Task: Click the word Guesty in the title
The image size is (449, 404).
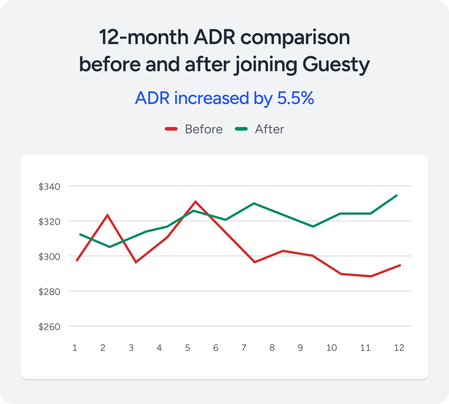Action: click(x=336, y=64)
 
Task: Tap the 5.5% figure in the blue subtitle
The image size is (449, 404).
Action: click(x=296, y=98)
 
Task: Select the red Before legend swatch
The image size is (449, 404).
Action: click(x=171, y=129)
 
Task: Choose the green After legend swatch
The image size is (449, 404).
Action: click(x=241, y=129)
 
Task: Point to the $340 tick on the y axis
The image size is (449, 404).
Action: click(x=49, y=186)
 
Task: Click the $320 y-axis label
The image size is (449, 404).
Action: click(x=49, y=222)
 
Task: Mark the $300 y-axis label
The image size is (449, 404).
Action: click(x=49, y=257)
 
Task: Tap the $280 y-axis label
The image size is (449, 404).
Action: click(x=49, y=292)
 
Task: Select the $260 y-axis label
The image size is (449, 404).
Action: click(x=49, y=327)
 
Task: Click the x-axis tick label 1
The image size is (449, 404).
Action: click(x=75, y=347)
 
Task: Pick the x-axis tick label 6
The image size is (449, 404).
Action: click(x=216, y=347)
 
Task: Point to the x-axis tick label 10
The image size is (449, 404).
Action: click(x=331, y=347)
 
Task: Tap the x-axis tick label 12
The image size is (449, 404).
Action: click(x=399, y=347)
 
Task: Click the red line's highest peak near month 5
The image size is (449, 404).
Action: click(x=196, y=202)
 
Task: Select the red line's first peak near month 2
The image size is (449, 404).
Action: click(x=108, y=215)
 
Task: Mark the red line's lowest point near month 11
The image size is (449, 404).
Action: click(x=371, y=276)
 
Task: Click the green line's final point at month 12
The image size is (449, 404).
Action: click(x=397, y=195)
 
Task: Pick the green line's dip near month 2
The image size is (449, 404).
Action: click(x=110, y=247)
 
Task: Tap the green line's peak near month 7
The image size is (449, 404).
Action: click(x=254, y=203)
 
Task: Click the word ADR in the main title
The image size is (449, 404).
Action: click(x=214, y=37)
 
